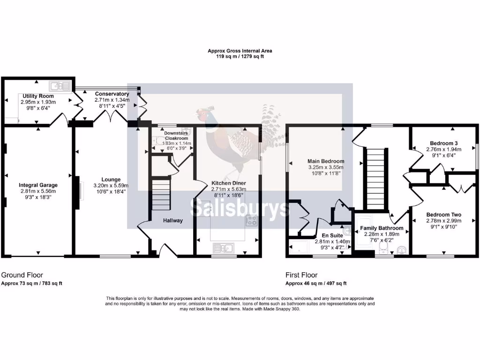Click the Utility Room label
point(38,96)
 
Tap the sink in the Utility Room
point(60,86)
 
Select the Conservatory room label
point(112,94)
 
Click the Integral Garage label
point(38,185)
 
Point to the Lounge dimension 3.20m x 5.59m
point(111,186)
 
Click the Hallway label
point(172,220)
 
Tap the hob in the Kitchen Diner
point(252,221)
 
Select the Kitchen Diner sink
point(224,247)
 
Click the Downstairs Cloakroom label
point(176,135)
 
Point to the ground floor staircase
point(161,195)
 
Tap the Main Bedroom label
point(326,161)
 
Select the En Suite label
point(332,235)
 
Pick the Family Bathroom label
point(382,228)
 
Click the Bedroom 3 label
point(444,143)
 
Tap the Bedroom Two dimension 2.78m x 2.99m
point(444,221)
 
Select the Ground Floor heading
point(22,275)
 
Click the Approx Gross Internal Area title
point(240,51)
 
